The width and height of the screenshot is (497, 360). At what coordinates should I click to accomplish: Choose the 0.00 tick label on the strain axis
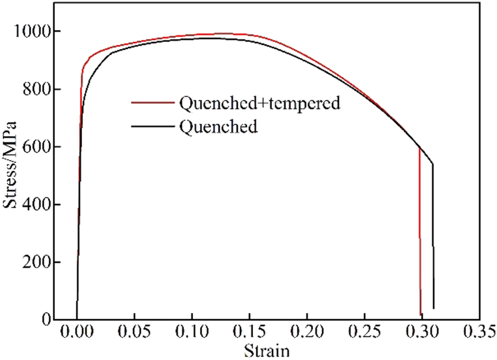pos(77,335)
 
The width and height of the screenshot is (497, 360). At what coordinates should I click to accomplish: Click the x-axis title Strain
pos(267,351)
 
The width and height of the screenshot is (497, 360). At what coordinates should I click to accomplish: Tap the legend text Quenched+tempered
pos(259,103)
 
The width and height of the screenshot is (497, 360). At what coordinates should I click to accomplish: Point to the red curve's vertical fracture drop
pos(420,234)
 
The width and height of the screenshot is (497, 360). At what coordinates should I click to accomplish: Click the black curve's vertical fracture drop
pos(433,239)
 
